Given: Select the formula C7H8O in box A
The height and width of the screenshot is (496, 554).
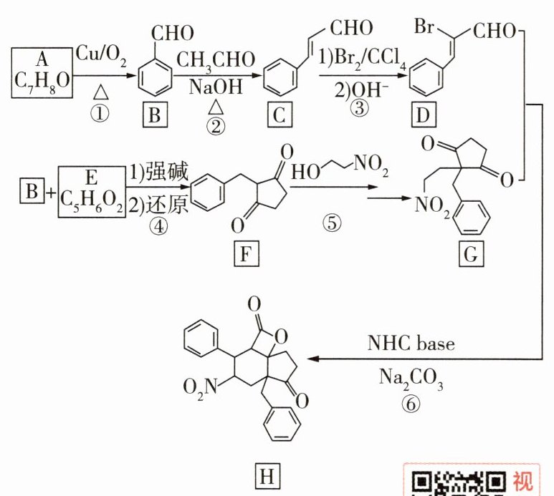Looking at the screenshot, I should (42, 85).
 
